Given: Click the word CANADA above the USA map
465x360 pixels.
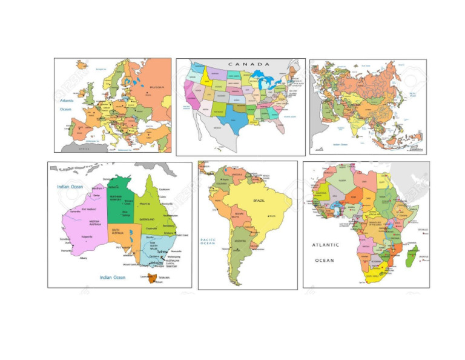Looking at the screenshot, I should pos(249,64).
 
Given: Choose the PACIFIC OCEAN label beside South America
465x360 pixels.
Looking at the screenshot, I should pos(208,242).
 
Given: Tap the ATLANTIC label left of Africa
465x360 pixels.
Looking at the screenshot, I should pos(326,245).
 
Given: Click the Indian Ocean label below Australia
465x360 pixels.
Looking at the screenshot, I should pos(113,277).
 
